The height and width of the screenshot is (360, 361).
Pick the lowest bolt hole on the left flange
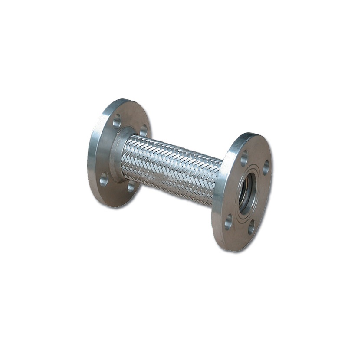pyautogui.click(x=131, y=186)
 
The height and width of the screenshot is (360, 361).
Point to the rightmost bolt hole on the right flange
pyautogui.click(x=266, y=167)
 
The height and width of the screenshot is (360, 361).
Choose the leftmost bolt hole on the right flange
pyautogui.click(x=228, y=223)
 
